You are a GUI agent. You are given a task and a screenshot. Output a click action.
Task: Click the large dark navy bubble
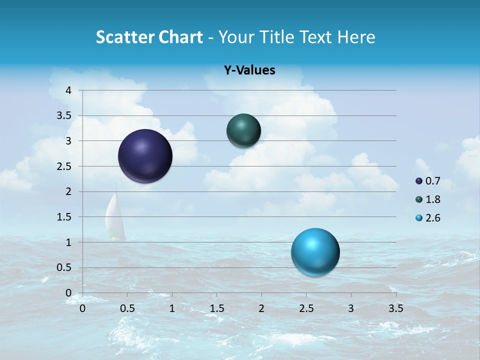pyautogui.click(x=145, y=156)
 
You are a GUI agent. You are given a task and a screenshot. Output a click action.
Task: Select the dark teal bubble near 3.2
pyautogui.click(x=243, y=130)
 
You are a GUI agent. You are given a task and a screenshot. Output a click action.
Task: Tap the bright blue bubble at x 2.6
pyautogui.click(x=315, y=252)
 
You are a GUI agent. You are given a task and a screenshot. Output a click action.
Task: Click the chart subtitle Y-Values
pyautogui.click(x=249, y=70)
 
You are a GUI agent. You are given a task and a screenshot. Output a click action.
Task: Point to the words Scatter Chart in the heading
pyautogui.click(x=149, y=37)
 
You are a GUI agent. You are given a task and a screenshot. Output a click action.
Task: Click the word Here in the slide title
pyautogui.click(x=355, y=37)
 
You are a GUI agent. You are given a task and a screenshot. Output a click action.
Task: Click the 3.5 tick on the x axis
pyautogui.click(x=396, y=308)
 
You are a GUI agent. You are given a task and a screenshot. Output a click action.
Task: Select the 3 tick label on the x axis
pyautogui.click(x=351, y=308)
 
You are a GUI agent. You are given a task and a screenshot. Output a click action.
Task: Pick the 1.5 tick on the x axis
pyautogui.click(x=217, y=308)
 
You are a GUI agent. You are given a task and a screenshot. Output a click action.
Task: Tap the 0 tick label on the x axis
pyautogui.click(x=83, y=308)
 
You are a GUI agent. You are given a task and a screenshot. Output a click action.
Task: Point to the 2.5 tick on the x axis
pyautogui.click(x=306, y=308)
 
